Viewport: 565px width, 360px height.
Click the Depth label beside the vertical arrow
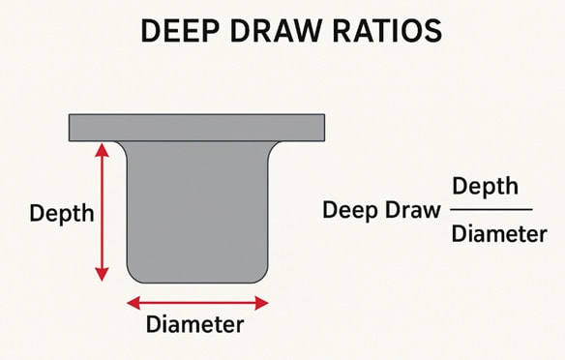(x=62, y=213)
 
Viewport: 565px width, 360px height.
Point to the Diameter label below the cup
(x=194, y=325)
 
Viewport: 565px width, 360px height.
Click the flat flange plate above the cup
(x=196, y=127)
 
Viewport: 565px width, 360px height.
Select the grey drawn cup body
(x=197, y=208)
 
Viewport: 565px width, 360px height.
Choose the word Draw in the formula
(x=413, y=210)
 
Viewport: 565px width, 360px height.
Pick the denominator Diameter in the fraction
(x=493, y=234)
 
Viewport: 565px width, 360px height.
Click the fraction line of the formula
(x=493, y=209)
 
